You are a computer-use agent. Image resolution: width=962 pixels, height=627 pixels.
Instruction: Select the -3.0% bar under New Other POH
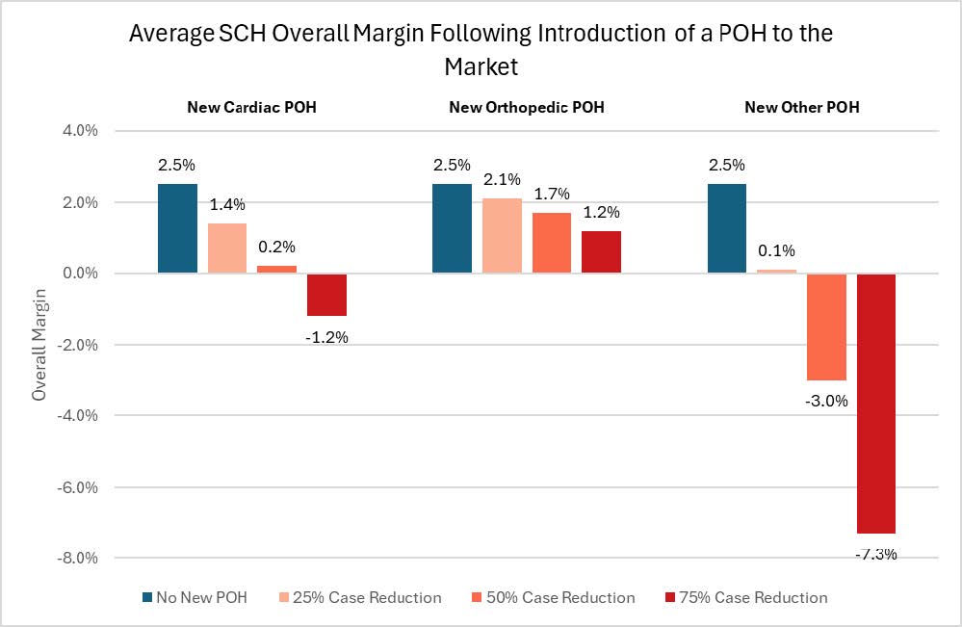click(826, 327)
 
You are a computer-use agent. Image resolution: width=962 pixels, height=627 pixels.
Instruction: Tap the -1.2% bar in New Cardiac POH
click(326, 295)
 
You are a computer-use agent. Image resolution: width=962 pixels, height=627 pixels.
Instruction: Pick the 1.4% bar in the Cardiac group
click(226, 248)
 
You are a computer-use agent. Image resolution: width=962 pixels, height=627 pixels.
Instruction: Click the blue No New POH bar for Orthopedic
click(452, 228)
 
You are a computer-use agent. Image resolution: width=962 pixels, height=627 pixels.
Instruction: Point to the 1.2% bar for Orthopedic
click(601, 251)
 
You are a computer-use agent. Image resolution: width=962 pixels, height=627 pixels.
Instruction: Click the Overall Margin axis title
click(39, 344)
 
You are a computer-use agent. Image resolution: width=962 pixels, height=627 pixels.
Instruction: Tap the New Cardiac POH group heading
click(251, 107)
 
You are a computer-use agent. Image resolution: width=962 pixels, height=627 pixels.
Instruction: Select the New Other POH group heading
click(801, 107)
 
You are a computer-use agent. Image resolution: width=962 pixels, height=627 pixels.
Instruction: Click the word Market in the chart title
click(481, 66)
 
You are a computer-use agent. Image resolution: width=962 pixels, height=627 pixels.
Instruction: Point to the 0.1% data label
click(777, 250)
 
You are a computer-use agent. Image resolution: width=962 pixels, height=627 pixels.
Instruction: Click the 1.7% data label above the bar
click(552, 194)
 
